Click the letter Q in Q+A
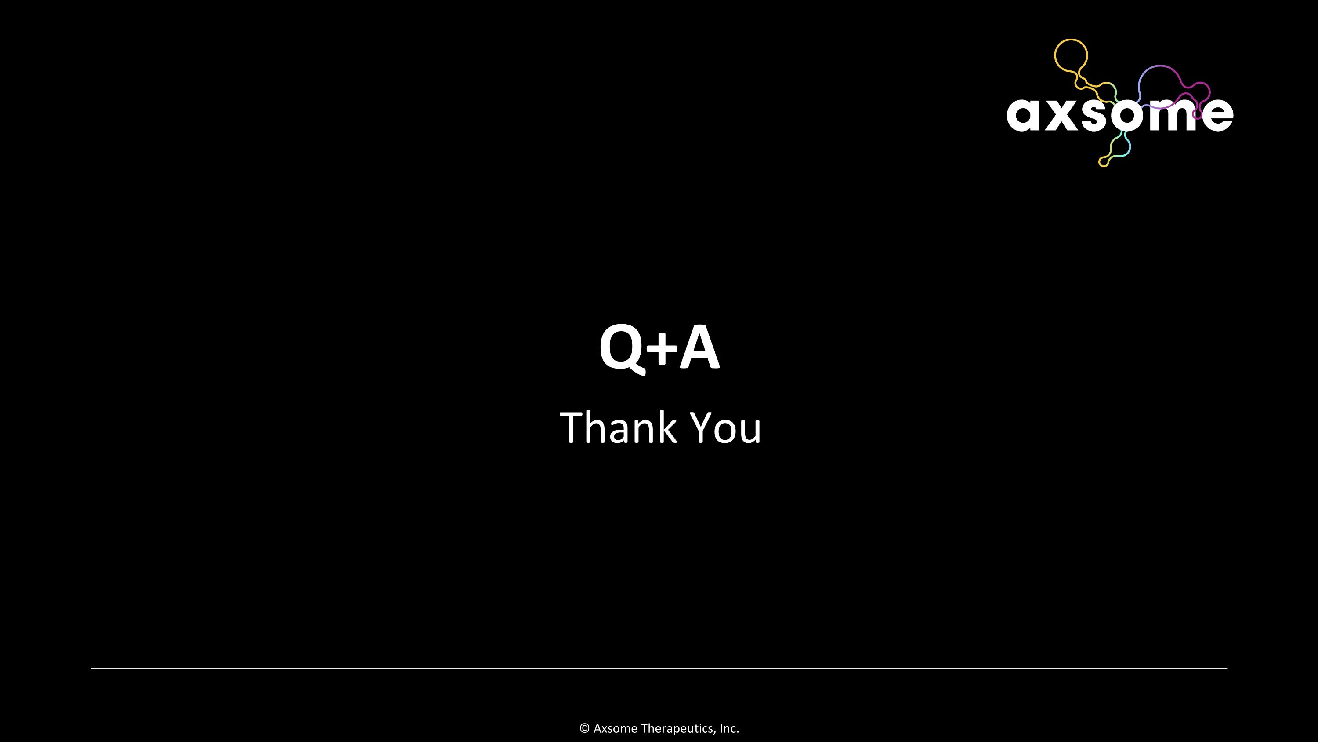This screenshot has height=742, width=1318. [x=621, y=348]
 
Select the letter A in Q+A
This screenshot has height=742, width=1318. [x=699, y=347]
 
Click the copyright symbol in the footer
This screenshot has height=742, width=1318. [x=584, y=728]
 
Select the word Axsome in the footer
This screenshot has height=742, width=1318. [x=616, y=728]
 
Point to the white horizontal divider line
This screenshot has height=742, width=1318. [x=659, y=668]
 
